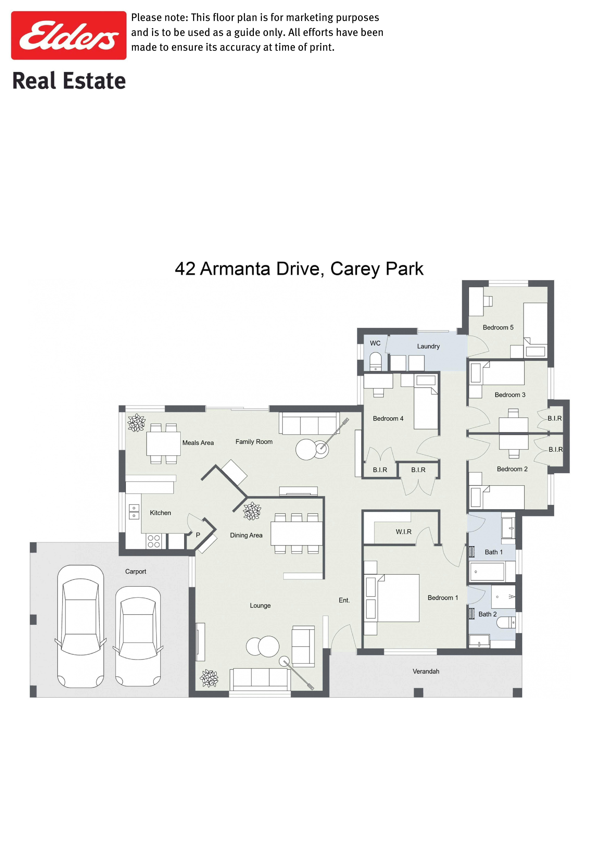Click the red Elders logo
coord(69,35)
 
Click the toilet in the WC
coord(376,362)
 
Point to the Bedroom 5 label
coord(498,328)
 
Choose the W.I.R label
coord(404,532)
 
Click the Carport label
coord(136,572)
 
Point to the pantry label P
coord(198,535)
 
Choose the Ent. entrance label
coord(344,600)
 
